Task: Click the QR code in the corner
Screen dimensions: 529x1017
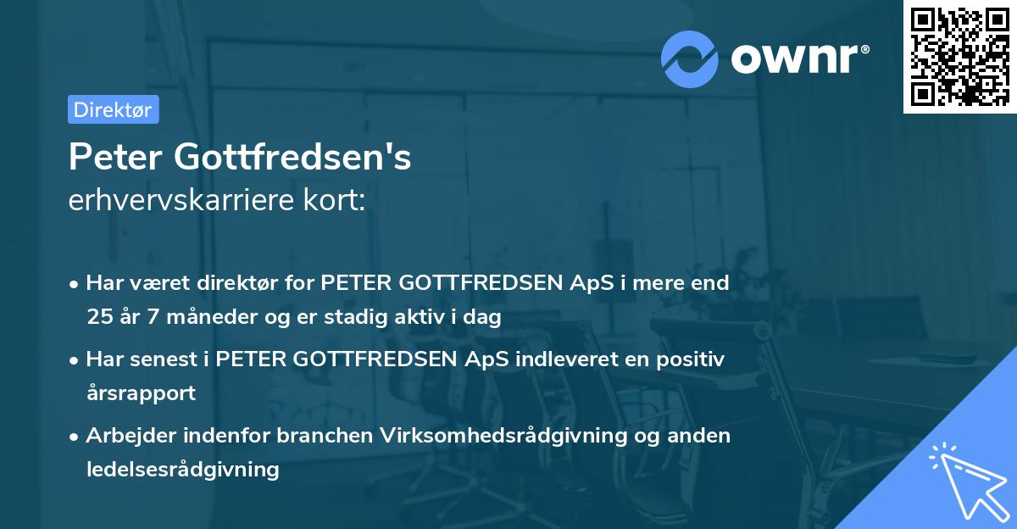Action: click(959, 57)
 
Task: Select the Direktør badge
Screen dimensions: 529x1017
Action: click(113, 109)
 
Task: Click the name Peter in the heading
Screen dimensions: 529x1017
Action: click(116, 158)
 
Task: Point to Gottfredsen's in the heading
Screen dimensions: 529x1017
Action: click(293, 158)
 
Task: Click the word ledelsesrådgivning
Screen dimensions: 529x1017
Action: click(182, 470)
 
